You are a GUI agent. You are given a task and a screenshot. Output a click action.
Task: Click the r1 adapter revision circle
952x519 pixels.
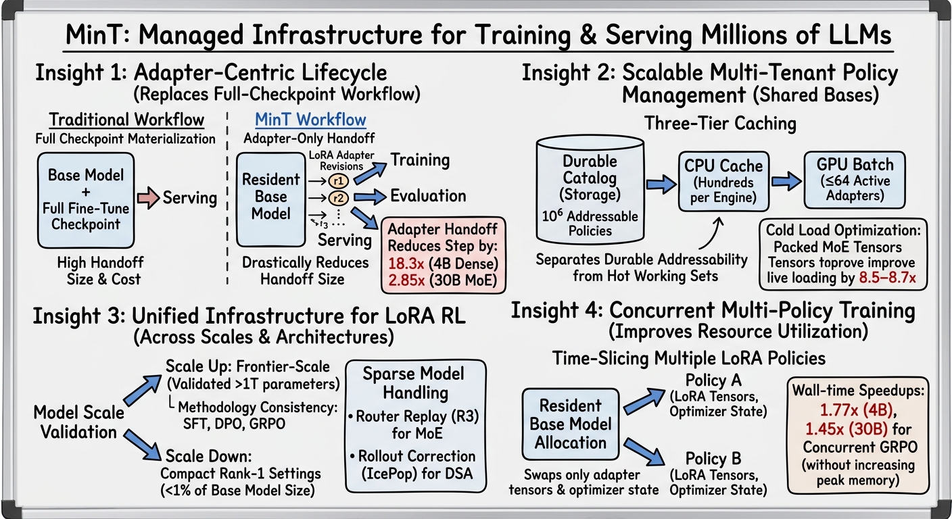coord(338,181)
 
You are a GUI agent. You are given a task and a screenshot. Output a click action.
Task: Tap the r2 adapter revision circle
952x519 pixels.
coord(338,198)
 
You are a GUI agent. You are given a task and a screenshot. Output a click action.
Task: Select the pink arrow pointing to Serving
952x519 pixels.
coord(148,198)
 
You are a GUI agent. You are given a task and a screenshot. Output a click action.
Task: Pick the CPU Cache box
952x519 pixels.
coord(723,181)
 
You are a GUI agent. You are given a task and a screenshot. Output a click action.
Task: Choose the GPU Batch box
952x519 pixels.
coord(855,180)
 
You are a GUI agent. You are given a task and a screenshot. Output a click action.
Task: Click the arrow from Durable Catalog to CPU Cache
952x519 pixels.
coord(661,184)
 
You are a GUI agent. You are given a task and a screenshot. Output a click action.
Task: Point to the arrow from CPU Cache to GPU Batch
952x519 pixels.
coord(786,181)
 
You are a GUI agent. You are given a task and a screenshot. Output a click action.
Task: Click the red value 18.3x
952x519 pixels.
coord(406,264)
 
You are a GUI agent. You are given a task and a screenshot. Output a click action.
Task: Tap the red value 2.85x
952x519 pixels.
coord(406,280)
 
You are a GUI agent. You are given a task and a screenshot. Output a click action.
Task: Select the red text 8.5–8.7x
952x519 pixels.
coord(887,278)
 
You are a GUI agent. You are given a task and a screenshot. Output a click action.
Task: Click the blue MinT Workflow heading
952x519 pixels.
coord(310,120)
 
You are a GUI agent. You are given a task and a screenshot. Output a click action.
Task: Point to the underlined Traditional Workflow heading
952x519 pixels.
coord(126,120)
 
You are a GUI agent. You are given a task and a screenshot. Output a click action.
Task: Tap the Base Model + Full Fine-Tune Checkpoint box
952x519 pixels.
coord(86,201)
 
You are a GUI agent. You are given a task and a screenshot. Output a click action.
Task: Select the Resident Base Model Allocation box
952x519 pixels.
coord(571,424)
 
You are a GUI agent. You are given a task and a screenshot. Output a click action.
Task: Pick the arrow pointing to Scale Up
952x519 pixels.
coord(143,389)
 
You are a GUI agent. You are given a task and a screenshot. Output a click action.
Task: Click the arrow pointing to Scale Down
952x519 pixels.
coord(143,445)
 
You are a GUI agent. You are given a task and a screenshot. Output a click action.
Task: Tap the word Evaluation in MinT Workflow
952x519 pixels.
coord(428,196)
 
